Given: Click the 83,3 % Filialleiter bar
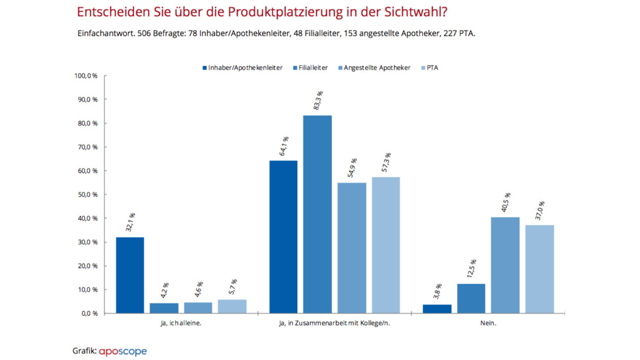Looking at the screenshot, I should tap(317, 214).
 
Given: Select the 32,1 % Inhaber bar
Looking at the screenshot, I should tap(130, 275).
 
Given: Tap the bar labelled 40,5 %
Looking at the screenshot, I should tap(505, 265).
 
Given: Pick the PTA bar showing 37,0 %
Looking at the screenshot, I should tap(539, 269).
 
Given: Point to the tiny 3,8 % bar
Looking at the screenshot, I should tap(437, 309).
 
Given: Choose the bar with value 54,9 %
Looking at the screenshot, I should tap(351, 248).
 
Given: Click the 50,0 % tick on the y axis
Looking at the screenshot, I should tap(87, 195).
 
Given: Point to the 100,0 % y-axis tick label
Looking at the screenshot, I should tap(85, 76).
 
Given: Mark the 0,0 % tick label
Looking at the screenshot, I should tap(89, 314).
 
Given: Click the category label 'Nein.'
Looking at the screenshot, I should tap(487, 323).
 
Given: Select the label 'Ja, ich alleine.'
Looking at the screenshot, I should tap(181, 323).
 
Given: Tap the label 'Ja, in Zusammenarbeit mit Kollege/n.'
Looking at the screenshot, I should tap(334, 323).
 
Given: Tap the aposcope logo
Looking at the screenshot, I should tap(123, 351).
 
